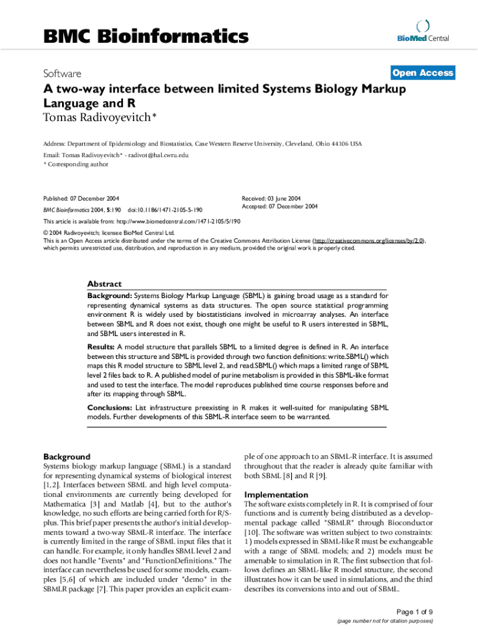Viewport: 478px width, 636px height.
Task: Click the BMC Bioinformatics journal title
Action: pos(146,37)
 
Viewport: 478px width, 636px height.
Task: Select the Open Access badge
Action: pos(422,73)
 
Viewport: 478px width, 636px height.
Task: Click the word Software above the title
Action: pos(63,73)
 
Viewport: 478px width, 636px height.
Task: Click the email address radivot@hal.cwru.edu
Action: pos(158,155)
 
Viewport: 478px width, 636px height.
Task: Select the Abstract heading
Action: pos(104,284)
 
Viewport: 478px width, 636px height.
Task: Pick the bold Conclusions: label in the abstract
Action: pos(109,407)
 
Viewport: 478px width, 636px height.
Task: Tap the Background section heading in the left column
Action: pos(66,457)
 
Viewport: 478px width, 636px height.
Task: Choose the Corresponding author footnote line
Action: pos(76,165)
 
